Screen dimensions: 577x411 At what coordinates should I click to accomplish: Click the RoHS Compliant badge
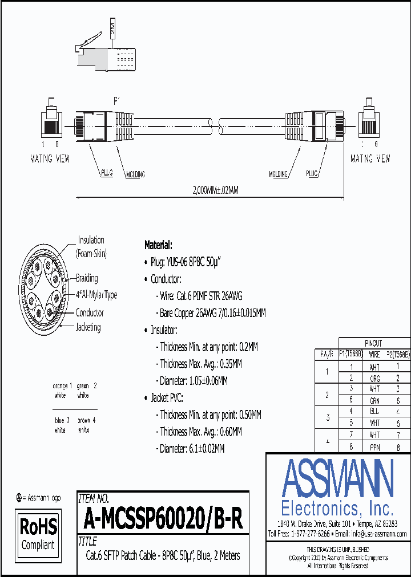coord(38,533)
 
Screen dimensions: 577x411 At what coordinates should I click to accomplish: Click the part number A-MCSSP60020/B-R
coord(163,519)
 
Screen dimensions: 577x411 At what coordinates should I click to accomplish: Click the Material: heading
coord(158,245)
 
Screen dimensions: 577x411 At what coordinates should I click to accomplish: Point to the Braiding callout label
coord(87,278)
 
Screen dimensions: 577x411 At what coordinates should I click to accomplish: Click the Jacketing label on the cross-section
coord(88,327)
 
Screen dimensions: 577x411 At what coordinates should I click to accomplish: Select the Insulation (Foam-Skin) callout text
coord(91,246)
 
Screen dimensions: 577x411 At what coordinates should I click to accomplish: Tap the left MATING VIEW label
coord(50,159)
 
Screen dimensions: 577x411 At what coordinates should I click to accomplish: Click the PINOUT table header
coord(373,344)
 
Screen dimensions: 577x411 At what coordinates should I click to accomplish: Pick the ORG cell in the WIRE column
coord(374,377)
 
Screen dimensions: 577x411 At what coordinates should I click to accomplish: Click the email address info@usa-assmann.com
coord(378,534)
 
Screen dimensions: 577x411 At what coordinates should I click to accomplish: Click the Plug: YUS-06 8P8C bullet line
coord(186,262)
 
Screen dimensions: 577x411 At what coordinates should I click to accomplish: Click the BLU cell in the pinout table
coord(374,411)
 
